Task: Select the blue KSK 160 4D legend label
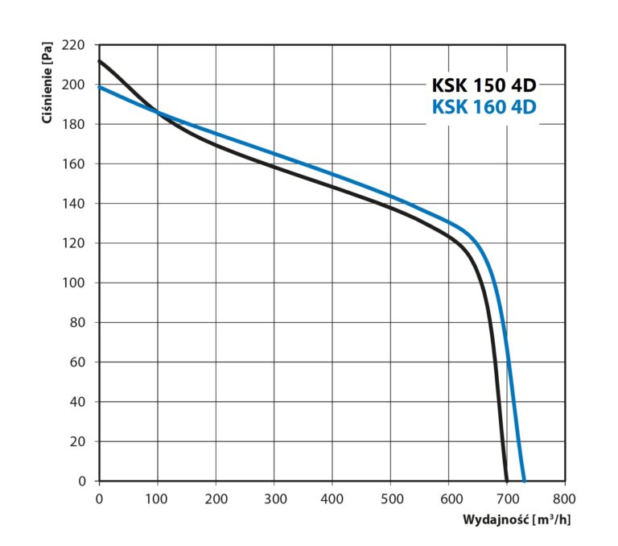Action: (484, 107)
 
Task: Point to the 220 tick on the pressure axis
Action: (74, 46)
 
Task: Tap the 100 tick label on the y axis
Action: (74, 283)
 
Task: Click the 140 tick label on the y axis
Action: (74, 204)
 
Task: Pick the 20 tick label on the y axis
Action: (77, 442)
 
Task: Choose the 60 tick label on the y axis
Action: (77, 362)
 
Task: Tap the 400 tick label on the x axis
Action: (332, 498)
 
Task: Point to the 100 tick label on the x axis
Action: (157, 498)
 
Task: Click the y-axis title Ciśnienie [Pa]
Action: (47, 85)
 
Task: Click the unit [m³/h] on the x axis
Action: (554, 519)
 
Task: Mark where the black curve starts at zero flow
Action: (100, 61)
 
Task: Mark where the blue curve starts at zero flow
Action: (100, 87)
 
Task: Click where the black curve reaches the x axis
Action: (506, 480)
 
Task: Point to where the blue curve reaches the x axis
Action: (524, 480)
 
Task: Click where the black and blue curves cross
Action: (157, 113)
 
